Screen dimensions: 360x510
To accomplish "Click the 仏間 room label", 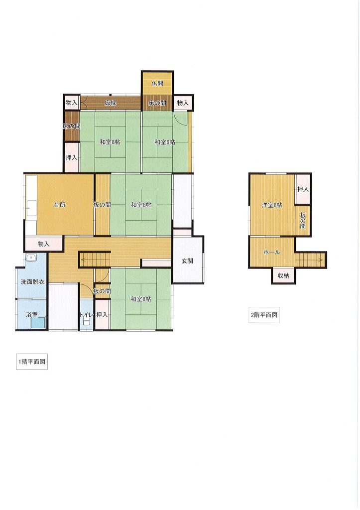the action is (x=157, y=83).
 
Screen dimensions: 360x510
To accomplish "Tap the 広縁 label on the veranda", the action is (x=110, y=103).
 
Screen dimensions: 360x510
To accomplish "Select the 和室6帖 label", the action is (x=164, y=142).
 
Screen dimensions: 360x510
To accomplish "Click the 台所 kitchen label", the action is (x=60, y=205).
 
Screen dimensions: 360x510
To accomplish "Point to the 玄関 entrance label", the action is (x=187, y=260).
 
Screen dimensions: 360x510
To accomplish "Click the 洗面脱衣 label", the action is (x=32, y=282).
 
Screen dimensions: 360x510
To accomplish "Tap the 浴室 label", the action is (x=32, y=315).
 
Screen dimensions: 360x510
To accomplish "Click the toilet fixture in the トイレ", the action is (x=86, y=321).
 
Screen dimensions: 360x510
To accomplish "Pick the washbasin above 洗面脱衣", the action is (x=31, y=258).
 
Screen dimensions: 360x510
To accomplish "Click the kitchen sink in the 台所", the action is (x=31, y=208).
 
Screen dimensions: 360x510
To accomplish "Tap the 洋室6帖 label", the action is (x=272, y=205).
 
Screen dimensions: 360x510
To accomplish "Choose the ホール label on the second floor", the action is (x=271, y=252).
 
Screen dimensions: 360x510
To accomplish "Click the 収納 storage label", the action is (x=283, y=275).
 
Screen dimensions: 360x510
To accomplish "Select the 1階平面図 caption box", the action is (x=32, y=362).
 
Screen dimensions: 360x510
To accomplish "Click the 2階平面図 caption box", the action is (x=264, y=315).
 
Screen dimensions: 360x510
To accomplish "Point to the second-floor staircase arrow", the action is (x=310, y=260).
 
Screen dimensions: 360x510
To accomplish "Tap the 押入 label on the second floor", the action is (x=303, y=189).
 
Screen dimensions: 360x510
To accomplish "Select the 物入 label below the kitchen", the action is (x=43, y=244).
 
